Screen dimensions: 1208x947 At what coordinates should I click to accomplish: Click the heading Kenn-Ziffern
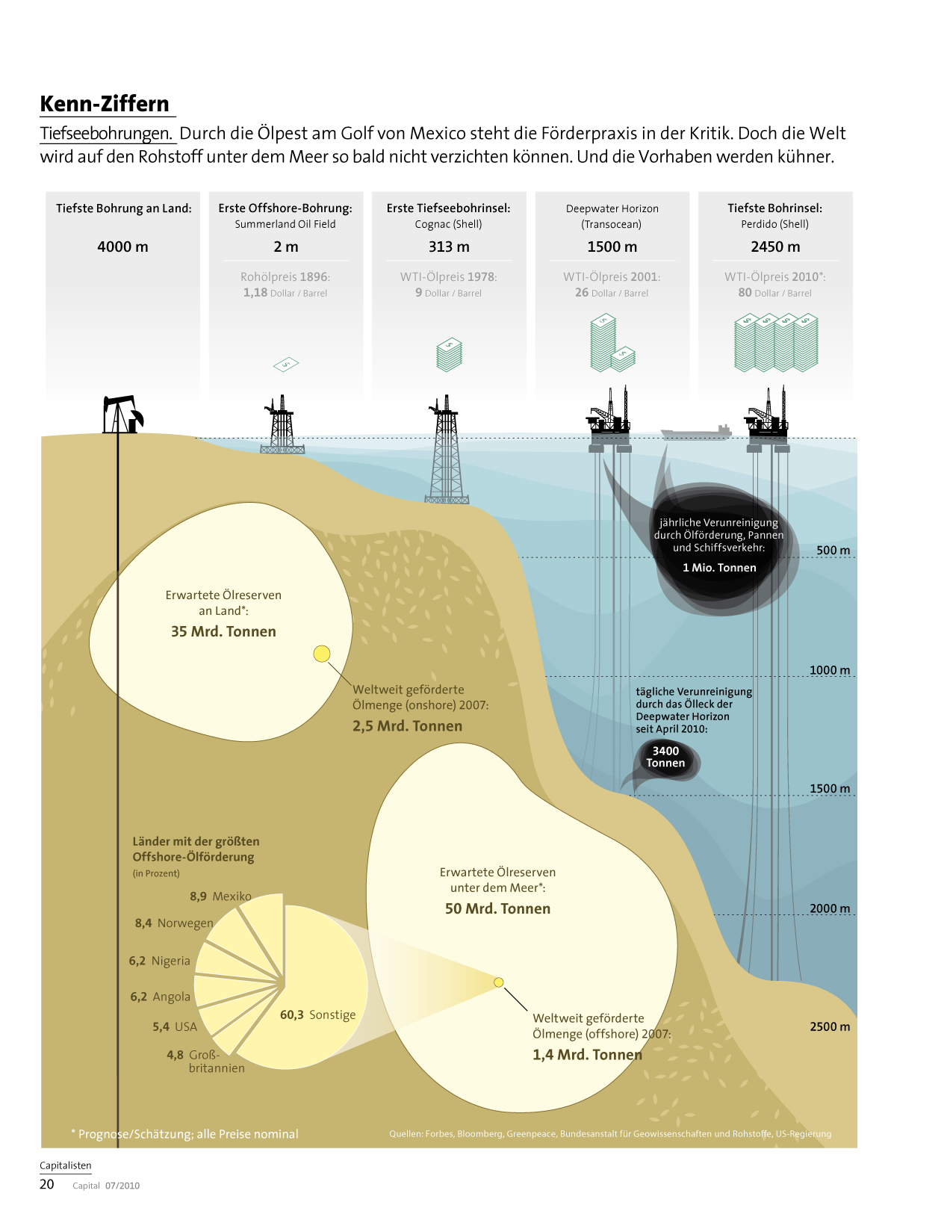[x=105, y=104]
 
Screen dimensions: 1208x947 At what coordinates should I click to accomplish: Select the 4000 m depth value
[x=122, y=247]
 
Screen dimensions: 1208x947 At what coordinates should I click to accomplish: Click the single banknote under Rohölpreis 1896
[x=286, y=365]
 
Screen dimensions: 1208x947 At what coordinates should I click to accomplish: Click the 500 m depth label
[x=833, y=551]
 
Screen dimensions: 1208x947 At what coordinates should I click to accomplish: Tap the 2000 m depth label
[x=830, y=908]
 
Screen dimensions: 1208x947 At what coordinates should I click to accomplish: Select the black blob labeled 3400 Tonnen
[x=666, y=758]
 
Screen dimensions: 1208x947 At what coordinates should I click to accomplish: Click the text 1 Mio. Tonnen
[x=719, y=568]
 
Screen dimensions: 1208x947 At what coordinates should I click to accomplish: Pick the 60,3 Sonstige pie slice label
[x=317, y=1015]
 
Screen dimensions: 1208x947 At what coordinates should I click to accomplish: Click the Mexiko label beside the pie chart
[x=232, y=896]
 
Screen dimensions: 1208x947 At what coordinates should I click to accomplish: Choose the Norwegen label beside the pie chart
[x=184, y=923]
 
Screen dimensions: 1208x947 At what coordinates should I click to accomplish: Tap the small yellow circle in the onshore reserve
[x=321, y=654]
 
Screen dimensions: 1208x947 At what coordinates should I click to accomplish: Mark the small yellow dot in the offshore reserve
[x=499, y=982]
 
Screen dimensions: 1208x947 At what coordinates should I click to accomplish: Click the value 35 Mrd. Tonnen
[x=223, y=631]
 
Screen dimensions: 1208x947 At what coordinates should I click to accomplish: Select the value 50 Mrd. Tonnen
[x=497, y=908]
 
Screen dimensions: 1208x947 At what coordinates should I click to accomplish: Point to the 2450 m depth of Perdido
[x=775, y=247]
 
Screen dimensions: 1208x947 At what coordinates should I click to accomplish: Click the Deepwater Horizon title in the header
[x=612, y=208]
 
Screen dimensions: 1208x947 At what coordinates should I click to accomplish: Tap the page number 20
[x=47, y=1184]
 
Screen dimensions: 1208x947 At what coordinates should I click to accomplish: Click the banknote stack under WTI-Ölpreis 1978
[x=450, y=355]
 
